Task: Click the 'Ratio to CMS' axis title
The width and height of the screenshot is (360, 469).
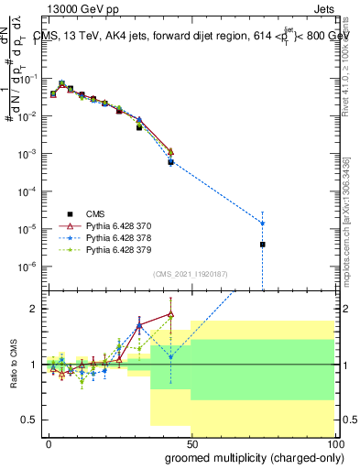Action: click(14, 364)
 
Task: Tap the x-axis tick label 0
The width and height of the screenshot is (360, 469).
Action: click(49, 442)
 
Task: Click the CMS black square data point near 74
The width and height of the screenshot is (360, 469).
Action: click(263, 245)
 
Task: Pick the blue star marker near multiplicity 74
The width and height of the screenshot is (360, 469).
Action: click(263, 224)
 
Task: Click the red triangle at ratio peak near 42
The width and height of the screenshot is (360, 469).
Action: click(170, 314)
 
